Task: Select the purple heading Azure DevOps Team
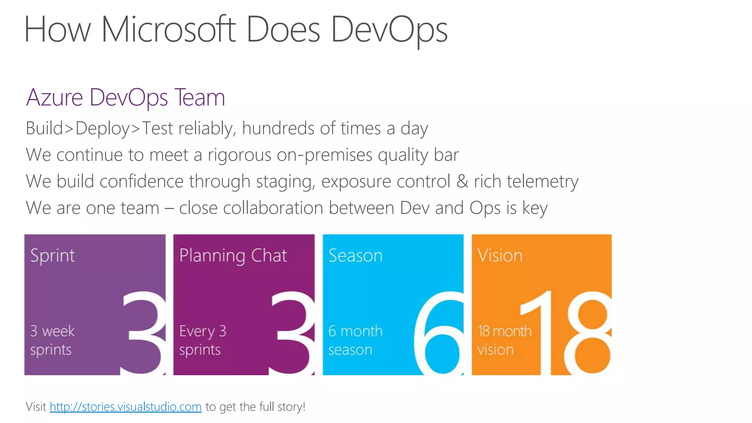(125, 98)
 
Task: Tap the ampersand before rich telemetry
(462, 181)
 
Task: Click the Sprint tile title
(53, 256)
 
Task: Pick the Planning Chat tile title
(233, 256)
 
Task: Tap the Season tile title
(355, 256)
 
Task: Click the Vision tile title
(500, 256)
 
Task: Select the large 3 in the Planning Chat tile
(293, 332)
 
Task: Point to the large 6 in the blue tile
(439, 332)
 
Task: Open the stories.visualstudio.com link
(126, 407)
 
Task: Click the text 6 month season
(355, 340)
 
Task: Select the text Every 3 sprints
(202, 340)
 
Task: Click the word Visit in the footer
(36, 407)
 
